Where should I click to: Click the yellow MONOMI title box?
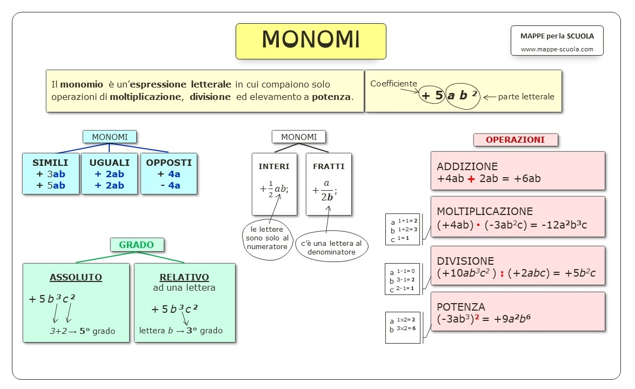coord(311,41)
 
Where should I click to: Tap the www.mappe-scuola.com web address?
coord(557,49)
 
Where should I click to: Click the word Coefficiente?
coord(393,84)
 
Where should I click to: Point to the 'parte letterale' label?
coord(526,97)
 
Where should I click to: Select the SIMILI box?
coord(50,173)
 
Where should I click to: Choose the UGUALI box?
coord(109,173)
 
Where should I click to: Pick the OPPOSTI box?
coord(169,173)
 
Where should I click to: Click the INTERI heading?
coord(274,166)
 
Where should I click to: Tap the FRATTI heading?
coord(329,166)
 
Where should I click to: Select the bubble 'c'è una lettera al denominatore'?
coord(331,248)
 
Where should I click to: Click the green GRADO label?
coord(136,245)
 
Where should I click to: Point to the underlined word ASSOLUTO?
coord(76,277)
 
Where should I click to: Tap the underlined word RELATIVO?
coord(184,277)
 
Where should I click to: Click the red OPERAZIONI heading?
coord(515,140)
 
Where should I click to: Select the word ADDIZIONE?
coord(467,166)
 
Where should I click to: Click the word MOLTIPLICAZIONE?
coord(485,211)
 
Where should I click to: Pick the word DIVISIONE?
coord(465,261)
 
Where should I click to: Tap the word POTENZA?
coord(461,307)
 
